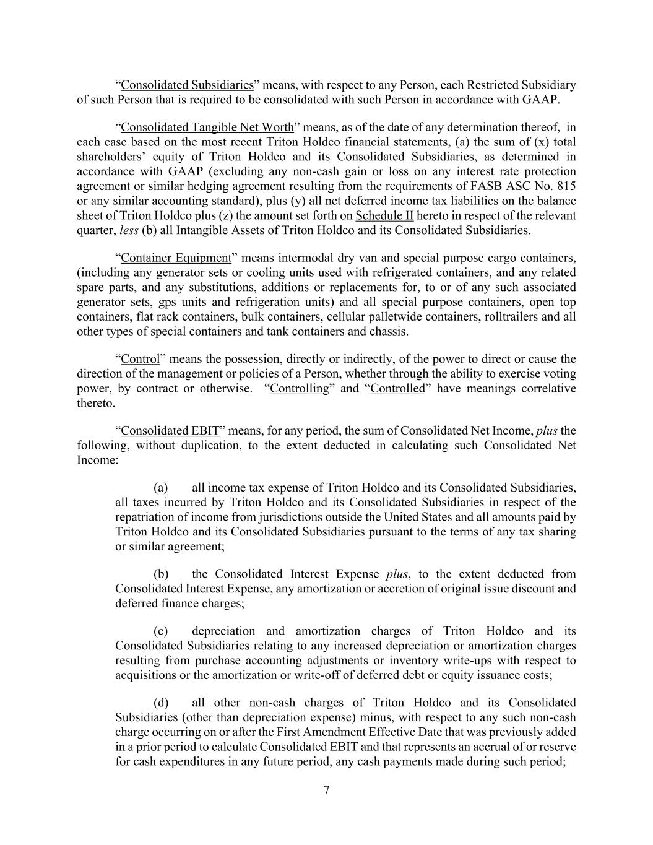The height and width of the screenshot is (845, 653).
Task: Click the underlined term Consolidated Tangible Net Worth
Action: [207, 128]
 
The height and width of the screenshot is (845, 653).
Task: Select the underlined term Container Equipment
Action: [176, 258]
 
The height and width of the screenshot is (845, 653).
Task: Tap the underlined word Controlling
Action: [300, 389]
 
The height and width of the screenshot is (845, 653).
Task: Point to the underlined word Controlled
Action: [397, 389]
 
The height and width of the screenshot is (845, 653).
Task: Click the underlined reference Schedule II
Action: [384, 216]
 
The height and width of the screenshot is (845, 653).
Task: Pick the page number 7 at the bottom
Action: [326, 790]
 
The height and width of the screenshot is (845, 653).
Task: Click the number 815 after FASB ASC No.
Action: [566, 186]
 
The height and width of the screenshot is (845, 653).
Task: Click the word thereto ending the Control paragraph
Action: [95, 404]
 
